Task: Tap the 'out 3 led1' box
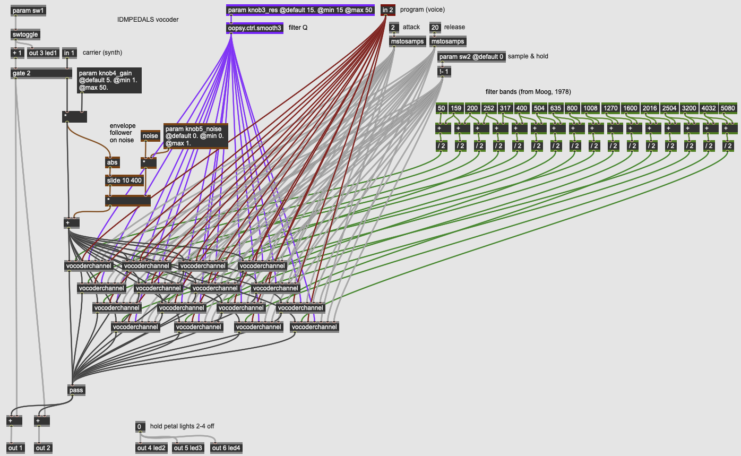tap(43, 53)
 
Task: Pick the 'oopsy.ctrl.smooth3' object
tap(255, 28)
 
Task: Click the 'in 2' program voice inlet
tap(388, 10)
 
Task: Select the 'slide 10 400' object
tap(125, 180)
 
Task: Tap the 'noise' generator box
tap(150, 136)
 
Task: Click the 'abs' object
tap(113, 163)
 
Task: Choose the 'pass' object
tap(76, 390)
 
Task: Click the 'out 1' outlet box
tap(16, 448)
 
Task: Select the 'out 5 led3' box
tap(188, 448)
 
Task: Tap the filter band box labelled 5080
tap(728, 108)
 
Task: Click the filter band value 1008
tap(590, 108)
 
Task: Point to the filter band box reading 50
tap(442, 108)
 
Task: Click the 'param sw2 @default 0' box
tap(471, 57)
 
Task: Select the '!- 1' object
tap(444, 72)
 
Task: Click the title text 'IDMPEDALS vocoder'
tap(148, 20)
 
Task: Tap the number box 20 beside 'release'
tap(435, 27)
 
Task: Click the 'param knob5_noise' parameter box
tap(195, 136)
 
